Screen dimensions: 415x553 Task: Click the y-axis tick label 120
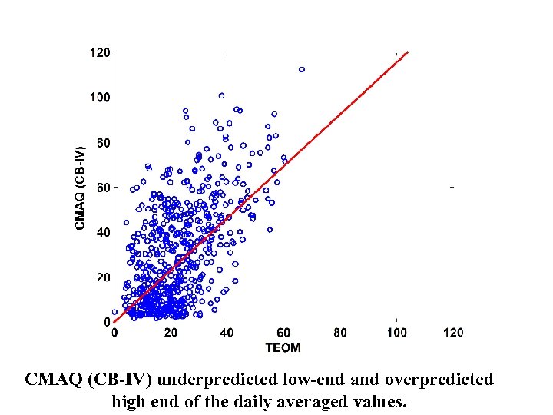click(x=101, y=52)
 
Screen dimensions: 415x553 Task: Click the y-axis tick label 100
click(x=101, y=98)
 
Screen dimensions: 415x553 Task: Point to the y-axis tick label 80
click(x=103, y=142)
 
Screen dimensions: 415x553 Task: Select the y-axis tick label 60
click(x=103, y=188)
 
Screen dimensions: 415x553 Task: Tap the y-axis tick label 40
click(x=103, y=232)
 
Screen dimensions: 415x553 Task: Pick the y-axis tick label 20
click(x=103, y=277)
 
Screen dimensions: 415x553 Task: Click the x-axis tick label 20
click(x=171, y=333)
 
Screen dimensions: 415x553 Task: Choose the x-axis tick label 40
click(x=227, y=333)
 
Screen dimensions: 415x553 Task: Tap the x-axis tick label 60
click(x=283, y=333)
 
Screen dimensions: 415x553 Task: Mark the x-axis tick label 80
click(x=340, y=333)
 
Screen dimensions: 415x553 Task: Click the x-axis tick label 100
click(x=396, y=333)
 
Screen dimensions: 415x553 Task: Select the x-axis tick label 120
click(x=453, y=333)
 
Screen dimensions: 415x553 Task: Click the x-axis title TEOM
click(x=283, y=347)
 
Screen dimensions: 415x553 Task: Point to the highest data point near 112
click(x=302, y=69)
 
